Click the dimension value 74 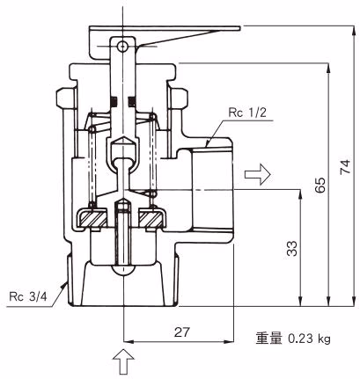[x=345, y=166]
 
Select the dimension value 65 [x=320, y=185]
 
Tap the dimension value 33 [x=292, y=249]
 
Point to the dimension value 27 [x=182, y=332]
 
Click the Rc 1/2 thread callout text [x=247, y=113]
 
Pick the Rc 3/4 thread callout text [x=28, y=296]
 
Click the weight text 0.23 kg [x=309, y=339]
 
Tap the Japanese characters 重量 [x=269, y=339]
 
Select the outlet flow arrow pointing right [x=257, y=174]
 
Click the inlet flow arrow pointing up [x=123, y=361]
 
